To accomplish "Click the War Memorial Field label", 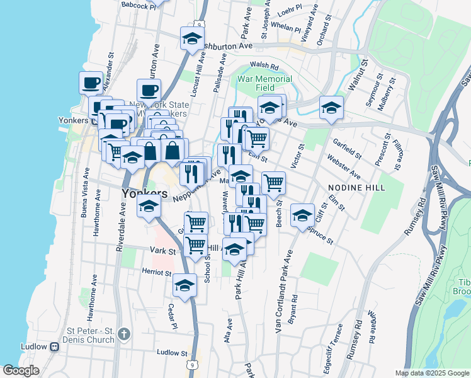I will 264,84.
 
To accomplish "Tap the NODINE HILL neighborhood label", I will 351,188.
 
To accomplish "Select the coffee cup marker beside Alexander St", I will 91,83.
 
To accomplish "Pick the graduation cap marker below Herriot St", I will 184,285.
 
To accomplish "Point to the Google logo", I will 21,370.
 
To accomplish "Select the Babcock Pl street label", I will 139,5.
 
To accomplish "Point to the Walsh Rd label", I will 264,65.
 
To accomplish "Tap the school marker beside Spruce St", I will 302,215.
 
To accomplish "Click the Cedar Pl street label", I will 171,316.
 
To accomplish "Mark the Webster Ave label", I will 343,166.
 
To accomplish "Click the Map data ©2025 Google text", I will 431,373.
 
